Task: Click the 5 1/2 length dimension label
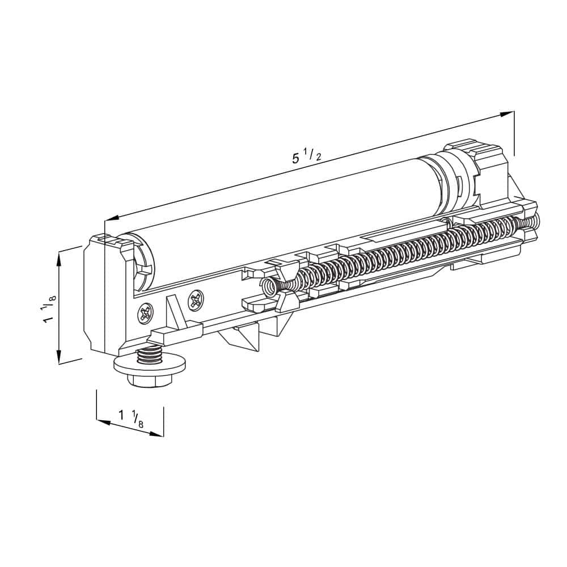pyautogui.click(x=307, y=156)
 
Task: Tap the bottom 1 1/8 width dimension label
pyautogui.click(x=131, y=418)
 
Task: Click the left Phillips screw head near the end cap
pyautogui.click(x=145, y=312)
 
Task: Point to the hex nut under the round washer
pyautogui.click(x=149, y=380)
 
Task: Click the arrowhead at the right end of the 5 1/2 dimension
pyautogui.click(x=506, y=115)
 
